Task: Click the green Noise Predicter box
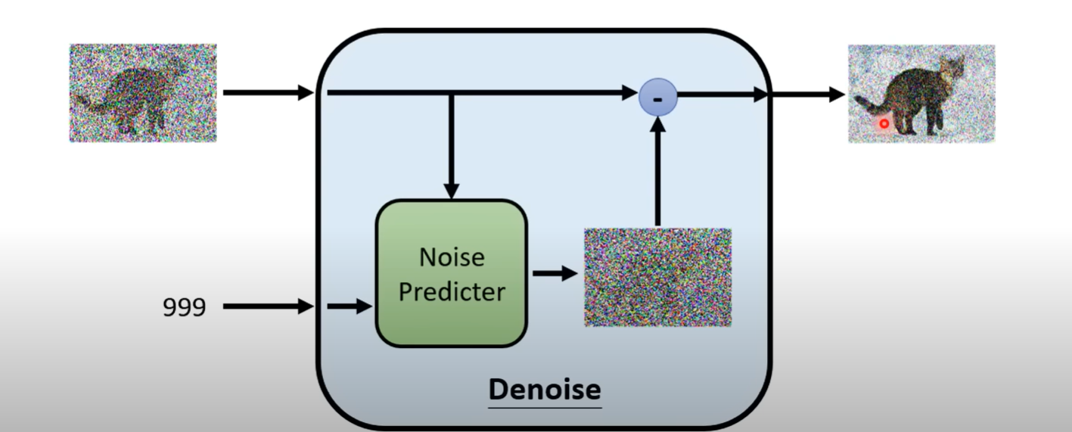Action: [x=451, y=273]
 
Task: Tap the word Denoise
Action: [x=545, y=390]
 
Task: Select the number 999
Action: [x=184, y=307]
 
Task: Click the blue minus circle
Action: [x=657, y=98]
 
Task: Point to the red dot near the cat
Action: [x=884, y=123]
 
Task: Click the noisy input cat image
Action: [x=143, y=92]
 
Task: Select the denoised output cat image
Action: [x=921, y=93]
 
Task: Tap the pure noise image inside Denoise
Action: [x=657, y=277]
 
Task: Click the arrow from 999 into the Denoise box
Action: [x=268, y=306]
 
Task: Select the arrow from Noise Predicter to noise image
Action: [x=555, y=273]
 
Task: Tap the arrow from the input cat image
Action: [x=268, y=93]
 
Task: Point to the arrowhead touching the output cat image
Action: [x=837, y=95]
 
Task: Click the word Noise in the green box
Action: [x=452, y=257]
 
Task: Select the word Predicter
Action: [x=452, y=291]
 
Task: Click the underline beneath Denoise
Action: [x=545, y=407]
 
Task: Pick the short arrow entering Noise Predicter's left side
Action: [x=350, y=306]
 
